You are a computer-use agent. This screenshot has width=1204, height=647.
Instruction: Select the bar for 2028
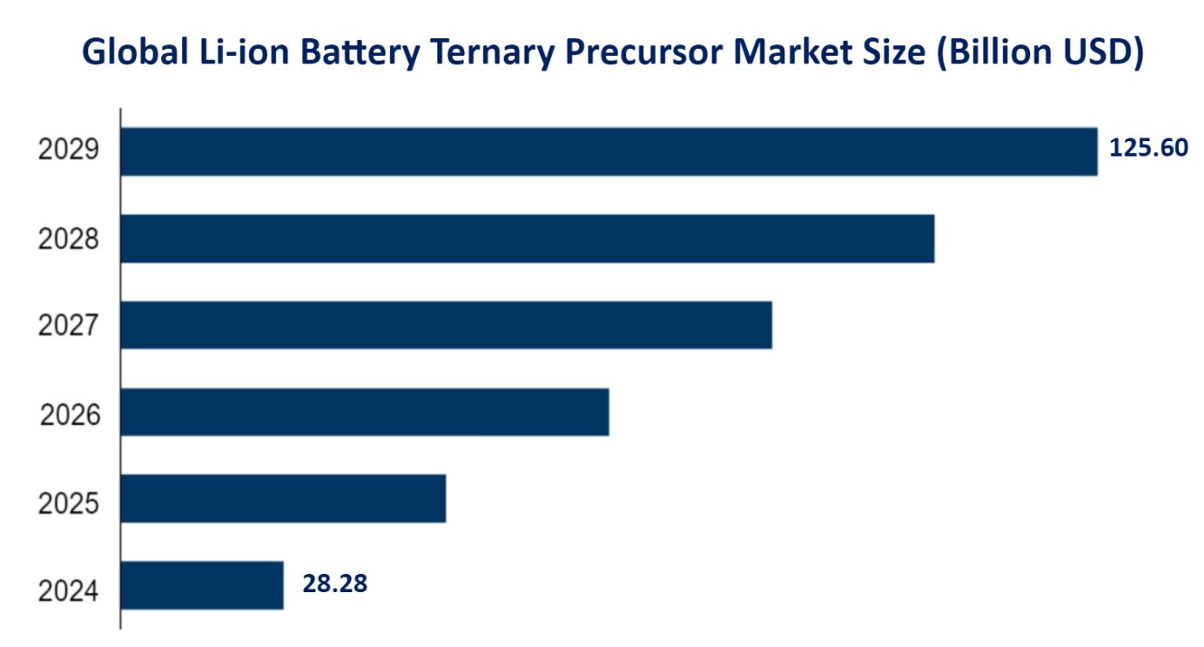coord(527,239)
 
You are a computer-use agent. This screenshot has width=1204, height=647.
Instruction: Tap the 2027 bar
coord(446,325)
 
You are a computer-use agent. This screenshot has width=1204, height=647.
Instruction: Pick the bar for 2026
coord(364,412)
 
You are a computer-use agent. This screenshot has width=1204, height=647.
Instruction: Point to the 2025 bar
coord(283,498)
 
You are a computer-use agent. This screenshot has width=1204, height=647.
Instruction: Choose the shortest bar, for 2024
coord(202,585)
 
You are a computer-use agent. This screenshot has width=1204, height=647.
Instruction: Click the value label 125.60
coord(1148,147)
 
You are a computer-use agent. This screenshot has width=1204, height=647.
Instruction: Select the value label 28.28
coord(335,583)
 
